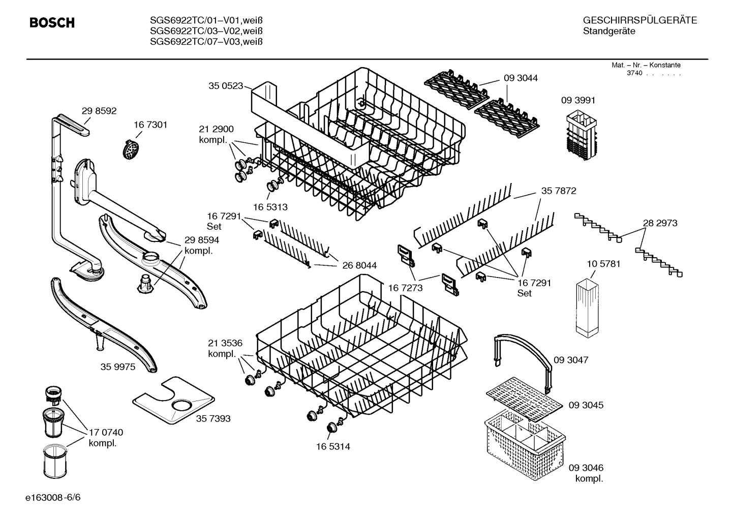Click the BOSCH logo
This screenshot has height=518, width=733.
tap(52, 23)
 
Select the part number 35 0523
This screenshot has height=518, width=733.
tap(225, 86)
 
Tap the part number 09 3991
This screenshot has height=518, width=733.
tap(577, 100)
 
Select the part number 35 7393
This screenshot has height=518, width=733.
tap(213, 418)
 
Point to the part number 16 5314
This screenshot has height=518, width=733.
tap(332, 446)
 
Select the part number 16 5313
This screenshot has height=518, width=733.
tap(270, 207)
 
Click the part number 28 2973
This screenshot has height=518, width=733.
tap(660, 223)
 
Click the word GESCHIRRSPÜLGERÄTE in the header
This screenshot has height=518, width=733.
tap(639, 20)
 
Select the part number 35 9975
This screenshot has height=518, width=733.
tap(118, 367)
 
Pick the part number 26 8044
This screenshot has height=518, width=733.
tap(359, 265)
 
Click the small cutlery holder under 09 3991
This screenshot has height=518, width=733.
tap(579, 133)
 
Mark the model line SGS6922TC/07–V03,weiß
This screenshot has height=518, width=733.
tap(206, 42)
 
